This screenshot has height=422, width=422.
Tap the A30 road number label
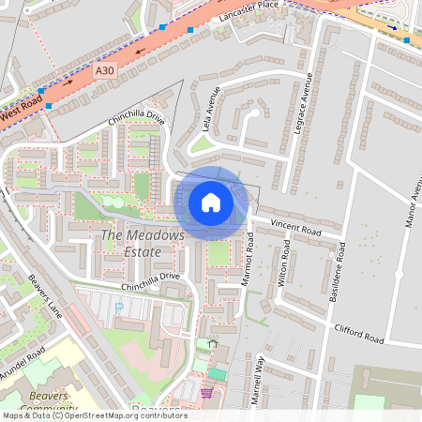coord(104,70)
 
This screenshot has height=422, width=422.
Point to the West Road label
coord(22,111)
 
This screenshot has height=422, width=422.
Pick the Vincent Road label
coord(295,227)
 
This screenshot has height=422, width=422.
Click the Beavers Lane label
coord(44,295)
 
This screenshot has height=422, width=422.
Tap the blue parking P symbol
coord(118,308)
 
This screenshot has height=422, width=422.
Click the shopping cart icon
coord(206,391)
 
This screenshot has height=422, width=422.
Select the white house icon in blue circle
coord(211,203)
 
